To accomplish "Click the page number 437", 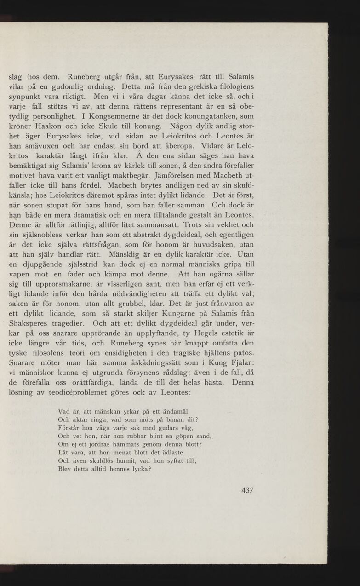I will coord(247,490).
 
